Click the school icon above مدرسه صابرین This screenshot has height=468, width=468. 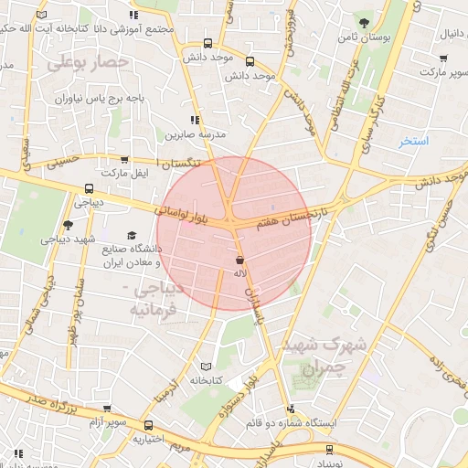pos(194,120)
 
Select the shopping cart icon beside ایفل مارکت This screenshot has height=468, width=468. pos(123,159)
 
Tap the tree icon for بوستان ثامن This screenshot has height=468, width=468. pos(365,22)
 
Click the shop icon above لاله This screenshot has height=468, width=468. pos(239,261)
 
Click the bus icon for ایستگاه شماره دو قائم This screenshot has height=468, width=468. pos(291,409)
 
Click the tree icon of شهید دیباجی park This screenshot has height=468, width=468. pos(67,225)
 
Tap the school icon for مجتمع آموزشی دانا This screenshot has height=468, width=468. pos(134,15)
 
